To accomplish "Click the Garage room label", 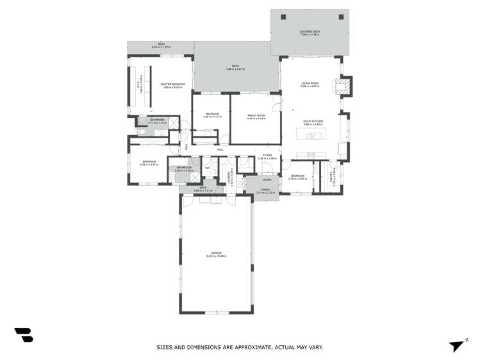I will pos(216,254).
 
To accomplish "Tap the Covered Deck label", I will pos(310,33).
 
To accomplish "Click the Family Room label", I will pos(256,117).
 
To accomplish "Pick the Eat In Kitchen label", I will pos(313,123).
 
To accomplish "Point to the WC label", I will pos(208,168).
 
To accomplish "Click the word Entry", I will pos(267,180).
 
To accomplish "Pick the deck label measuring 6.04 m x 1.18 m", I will pos(161,45).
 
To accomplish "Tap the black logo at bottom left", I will pos(24,334).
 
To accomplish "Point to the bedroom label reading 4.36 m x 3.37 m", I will pos(148,163).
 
